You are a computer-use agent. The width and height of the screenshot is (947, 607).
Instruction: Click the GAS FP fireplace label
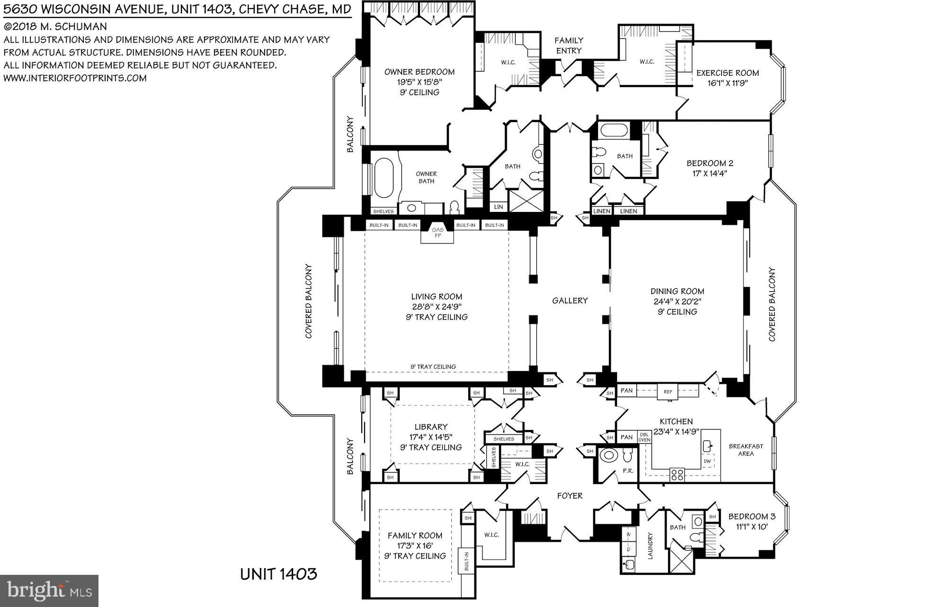(437, 233)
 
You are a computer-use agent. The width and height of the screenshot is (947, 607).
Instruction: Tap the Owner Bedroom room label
(420, 72)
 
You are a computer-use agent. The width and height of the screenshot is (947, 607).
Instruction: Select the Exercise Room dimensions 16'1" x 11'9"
(727, 83)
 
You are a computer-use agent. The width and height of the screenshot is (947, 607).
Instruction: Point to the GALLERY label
(570, 300)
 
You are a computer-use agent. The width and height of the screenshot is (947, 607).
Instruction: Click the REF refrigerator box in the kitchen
(668, 391)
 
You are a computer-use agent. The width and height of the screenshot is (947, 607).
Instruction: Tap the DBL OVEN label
(644, 437)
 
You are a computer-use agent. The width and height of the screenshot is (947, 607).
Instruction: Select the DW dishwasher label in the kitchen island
(707, 461)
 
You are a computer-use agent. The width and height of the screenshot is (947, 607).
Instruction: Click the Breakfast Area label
(746, 449)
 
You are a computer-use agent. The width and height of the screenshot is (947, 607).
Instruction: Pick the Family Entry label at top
(569, 45)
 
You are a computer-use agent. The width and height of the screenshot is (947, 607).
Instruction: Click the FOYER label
(570, 496)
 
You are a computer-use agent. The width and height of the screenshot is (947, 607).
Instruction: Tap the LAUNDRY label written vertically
(650, 545)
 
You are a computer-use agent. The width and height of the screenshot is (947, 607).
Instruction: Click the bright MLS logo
(49, 591)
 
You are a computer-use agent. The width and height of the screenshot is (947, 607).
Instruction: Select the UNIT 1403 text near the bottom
(278, 574)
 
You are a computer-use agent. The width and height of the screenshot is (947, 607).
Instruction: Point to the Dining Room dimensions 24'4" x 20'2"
(677, 301)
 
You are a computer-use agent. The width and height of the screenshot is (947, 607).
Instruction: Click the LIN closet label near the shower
(498, 207)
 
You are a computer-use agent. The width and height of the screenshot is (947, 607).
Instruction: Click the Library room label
(430, 427)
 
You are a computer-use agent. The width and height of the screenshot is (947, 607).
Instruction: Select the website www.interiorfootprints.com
(75, 78)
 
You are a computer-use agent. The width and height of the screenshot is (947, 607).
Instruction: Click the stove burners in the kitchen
(677, 474)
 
